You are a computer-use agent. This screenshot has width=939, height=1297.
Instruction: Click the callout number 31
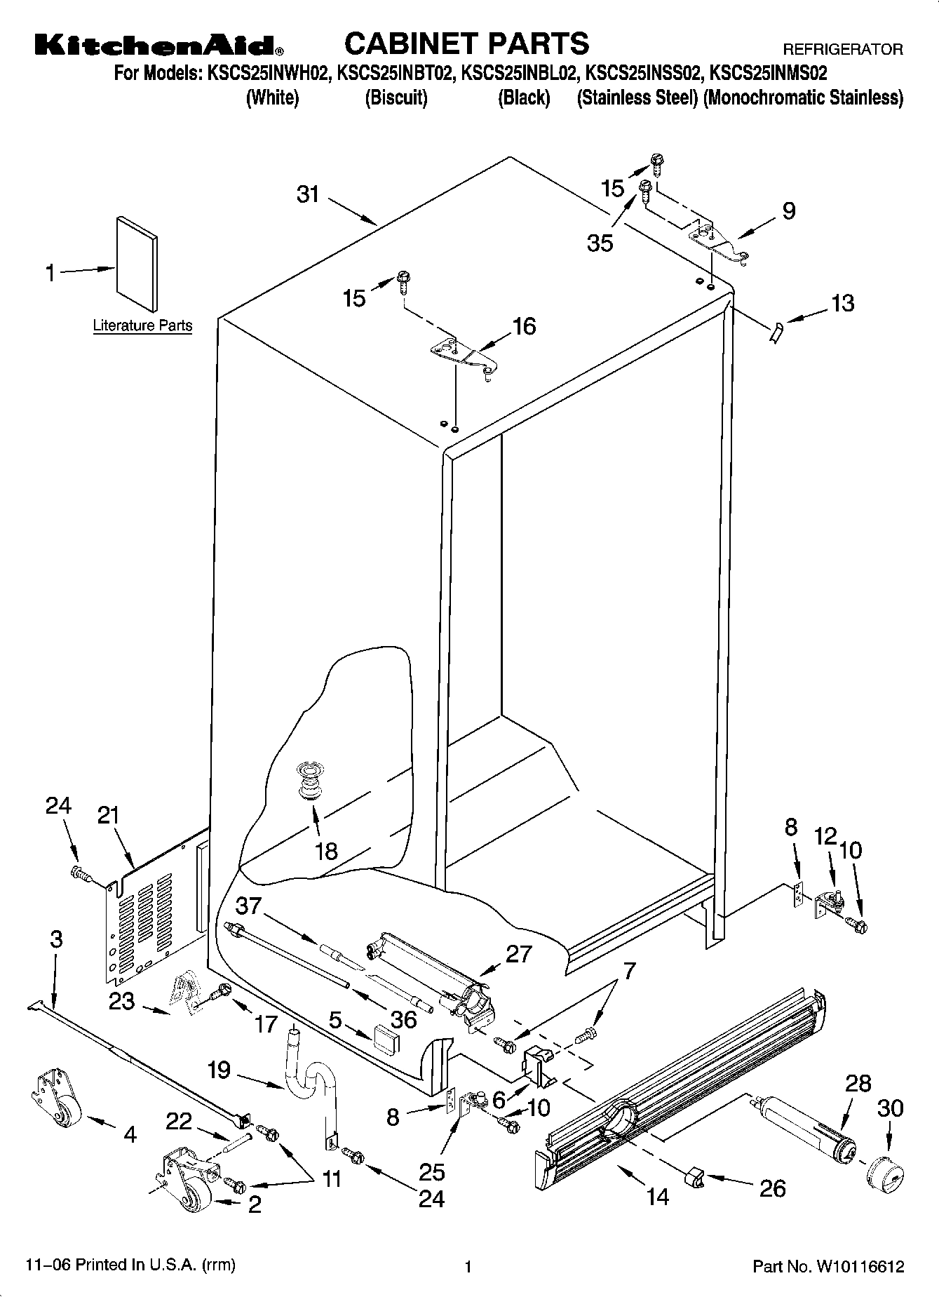pos(308,194)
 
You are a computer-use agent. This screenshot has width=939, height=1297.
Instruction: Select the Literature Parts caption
pos(142,325)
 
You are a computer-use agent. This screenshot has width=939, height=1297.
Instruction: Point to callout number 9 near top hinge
pos(789,211)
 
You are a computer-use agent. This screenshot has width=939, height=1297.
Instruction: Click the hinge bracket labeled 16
pos(464,356)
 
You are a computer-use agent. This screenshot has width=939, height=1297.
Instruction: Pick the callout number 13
pos(843,303)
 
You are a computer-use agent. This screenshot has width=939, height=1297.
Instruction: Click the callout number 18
pos(326,851)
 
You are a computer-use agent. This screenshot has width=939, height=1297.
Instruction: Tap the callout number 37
pos(249,906)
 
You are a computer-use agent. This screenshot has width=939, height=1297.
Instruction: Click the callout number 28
pos(857,1083)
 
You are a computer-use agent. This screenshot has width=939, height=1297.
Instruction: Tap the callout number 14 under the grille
pos(658,1197)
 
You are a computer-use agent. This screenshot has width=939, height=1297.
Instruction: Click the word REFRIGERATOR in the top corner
pos(842,50)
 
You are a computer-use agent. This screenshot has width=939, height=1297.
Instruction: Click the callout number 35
pos(600,243)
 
